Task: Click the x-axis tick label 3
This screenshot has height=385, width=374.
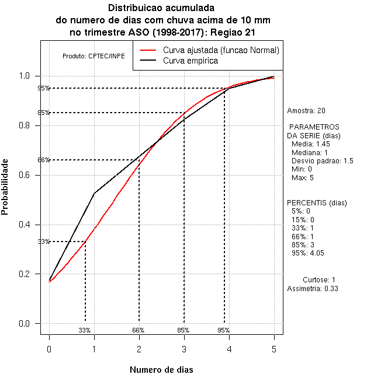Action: [x=184, y=349]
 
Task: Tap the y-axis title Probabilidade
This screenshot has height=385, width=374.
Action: [x=5, y=187]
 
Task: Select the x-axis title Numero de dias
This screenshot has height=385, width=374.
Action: [x=161, y=370]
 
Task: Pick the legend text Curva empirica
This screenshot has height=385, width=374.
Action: [x=191, y=61]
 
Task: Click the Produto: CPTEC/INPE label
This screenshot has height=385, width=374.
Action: [x=93, y=57]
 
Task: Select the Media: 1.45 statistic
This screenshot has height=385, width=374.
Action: [x=311, y=143]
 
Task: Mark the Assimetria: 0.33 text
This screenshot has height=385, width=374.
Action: [x=313, y=288]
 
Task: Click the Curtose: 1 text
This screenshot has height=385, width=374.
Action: [x=319, y=280]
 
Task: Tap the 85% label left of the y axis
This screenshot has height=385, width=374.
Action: [x=44, y=113]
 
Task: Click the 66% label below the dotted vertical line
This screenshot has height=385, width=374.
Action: [x=138, y=330]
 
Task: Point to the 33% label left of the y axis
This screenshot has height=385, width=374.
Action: [x=44, y=242]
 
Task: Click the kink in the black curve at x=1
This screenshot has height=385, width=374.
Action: [x=94, y=193]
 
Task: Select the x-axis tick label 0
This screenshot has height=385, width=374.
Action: [x=49, y=349]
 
